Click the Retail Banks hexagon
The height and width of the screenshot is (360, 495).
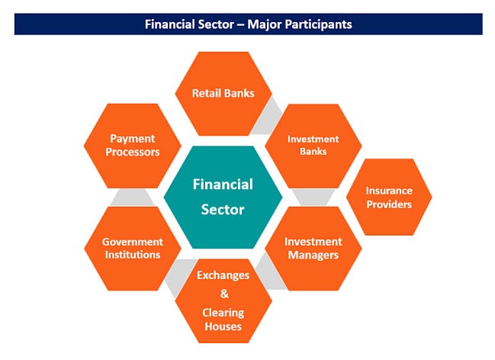[223, 93]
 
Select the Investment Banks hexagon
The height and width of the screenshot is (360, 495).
[307, 145]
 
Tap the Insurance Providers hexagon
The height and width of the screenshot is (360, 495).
[389, 197]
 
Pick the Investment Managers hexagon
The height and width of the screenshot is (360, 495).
[312, 248]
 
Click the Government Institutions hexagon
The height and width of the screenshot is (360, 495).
[132, 248]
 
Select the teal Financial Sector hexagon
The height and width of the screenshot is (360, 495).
[223, 197]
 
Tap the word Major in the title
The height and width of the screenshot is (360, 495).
[260, 24]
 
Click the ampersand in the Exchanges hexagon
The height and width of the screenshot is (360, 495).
[223, 293]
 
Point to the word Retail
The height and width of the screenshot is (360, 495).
[207, 93]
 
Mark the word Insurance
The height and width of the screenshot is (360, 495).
[389, 191]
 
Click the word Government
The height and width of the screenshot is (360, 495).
[132, 242]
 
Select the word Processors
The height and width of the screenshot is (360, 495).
[133, 152]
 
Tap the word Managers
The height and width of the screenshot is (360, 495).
[313, 255]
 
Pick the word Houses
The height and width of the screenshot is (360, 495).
[223, 326]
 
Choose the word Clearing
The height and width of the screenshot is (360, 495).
[223, 312]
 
